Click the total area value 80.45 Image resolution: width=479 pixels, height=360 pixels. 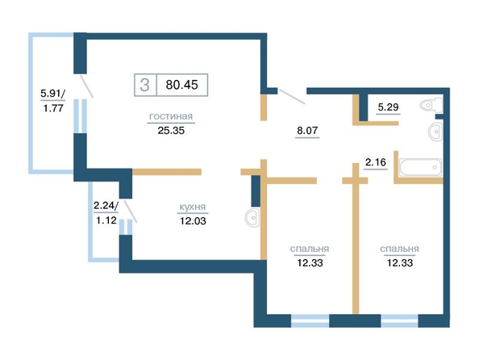pyautogui.click(x=181, y=85)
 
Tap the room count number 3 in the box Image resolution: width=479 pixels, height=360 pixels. pyautogui.click(x=145, y=85)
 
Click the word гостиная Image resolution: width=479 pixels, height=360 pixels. pyautogui.click(x=171, y=116)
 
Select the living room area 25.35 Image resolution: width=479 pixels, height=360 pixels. pyautogui.click(x=171, y=131)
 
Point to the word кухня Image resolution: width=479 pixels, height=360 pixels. pyautogui.click(x=193, y=207)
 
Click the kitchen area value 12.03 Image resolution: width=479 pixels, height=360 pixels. pyautogui.click(x=193, y=220)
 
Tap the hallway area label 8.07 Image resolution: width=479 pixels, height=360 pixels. pyautogui.click(x=307, y=131)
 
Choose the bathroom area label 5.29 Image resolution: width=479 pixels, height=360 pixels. pyautogui.click(x=388, y=107)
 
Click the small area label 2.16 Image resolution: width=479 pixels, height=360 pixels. pyautogui.click(x=376, y=161)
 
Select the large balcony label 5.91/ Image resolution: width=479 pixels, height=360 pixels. pyautogui.click(x=53, y=93)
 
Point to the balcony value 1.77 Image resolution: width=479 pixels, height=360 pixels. pyautogui.click(x=53, y=108)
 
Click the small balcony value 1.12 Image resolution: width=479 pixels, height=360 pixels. pyautogui.click(x=106, y=220)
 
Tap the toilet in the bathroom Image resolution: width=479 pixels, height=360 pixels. pyautogui.click(x=431, y=105)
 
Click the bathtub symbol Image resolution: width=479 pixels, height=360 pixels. pyautogui.click(x=420, y=167)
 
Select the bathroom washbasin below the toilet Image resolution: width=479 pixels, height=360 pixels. pyautogui.click(x=435, y=132)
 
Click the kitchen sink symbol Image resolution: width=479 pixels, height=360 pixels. pyautogui.click(x=252, y=217)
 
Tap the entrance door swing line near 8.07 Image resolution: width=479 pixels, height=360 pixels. pyautogui.click(x=292, y=96)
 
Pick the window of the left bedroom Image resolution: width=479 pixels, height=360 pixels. pyautogui.click(x=310, y=320)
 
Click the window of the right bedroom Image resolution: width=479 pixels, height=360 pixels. pyautogui.click(x=399, y=320)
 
